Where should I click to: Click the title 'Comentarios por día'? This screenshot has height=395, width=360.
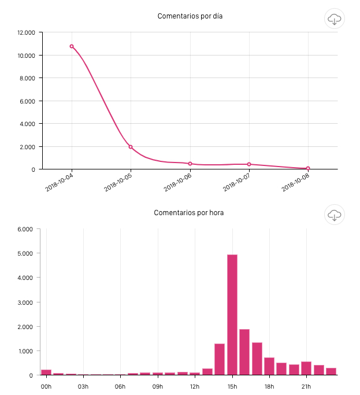click(190, 16)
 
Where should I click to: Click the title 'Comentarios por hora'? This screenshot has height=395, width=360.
click(188, 213)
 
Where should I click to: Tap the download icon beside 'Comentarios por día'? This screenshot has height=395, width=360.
click(335, 19)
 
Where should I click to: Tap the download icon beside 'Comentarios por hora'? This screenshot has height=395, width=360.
click(335, 215)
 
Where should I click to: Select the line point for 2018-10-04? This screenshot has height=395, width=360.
click(72, 46)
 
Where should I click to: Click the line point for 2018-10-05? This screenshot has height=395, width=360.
click(131, 147)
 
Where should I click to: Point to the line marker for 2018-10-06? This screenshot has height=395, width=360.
click(190, 164)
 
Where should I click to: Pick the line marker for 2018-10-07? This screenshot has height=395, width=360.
click(249, 164)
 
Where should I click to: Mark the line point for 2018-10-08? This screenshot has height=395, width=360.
click(308, 168)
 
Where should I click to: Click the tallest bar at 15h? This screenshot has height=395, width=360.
click(232, 315)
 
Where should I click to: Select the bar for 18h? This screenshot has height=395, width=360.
click(269, 366)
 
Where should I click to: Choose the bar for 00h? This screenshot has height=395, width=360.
click(46, 372)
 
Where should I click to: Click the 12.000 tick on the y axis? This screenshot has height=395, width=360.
click(26, 32)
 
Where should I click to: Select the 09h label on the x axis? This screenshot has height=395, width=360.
click(158, 386)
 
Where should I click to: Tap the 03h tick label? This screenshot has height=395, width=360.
click(84, 386)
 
